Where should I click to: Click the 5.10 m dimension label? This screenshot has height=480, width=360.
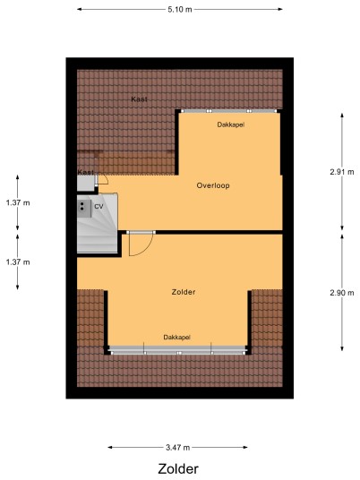[180, 10]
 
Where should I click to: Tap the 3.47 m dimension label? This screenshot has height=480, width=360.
[178, 448]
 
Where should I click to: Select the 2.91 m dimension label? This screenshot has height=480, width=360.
[342, 172]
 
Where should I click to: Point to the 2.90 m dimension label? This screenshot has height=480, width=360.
[342, 293]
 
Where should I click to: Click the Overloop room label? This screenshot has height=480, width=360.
[213, 185]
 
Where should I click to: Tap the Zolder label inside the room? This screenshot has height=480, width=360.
[184, 292]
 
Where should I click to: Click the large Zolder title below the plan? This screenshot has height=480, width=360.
[178, 469]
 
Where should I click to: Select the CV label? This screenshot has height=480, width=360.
[99, 207]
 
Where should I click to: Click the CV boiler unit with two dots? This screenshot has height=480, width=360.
[84, 209]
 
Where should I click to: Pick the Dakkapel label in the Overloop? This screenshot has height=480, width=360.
[231, 124]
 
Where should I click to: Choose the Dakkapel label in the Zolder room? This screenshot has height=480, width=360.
[177, 337]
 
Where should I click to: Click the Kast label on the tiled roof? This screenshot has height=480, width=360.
[139, 99]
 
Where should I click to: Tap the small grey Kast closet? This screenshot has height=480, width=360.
[86, 183]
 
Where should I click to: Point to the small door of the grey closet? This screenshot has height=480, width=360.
[102, 180]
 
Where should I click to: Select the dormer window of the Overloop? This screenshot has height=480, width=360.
[229, 111]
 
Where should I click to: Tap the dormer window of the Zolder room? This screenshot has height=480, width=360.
[178, 351]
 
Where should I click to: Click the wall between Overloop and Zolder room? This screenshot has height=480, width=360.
[219, 232]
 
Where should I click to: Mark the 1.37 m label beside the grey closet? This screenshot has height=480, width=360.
[18, 202]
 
